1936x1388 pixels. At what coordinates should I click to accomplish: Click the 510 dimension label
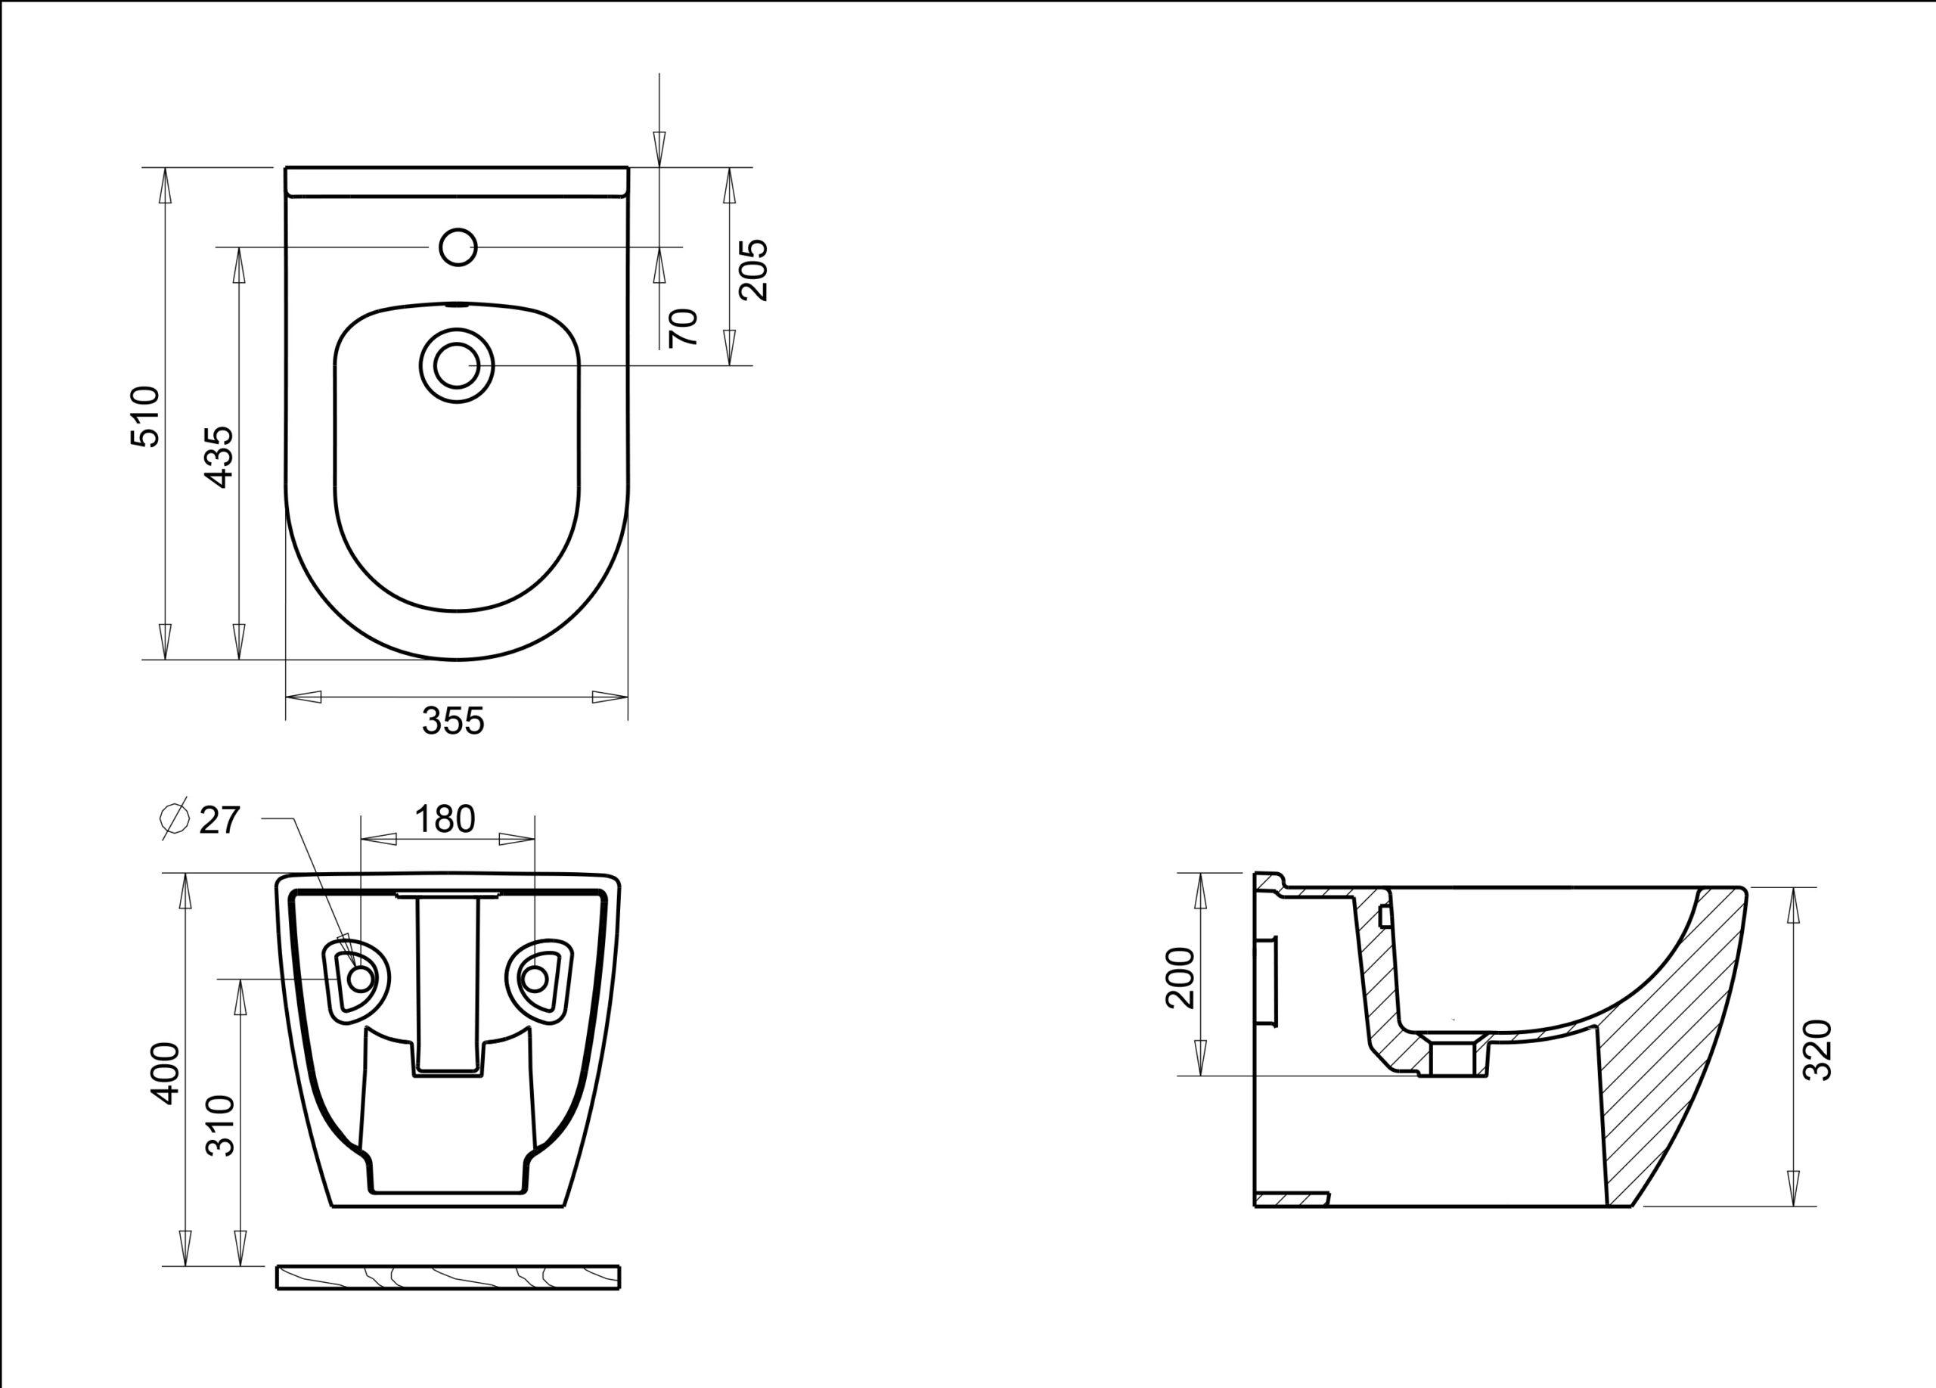click(145, 417)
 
